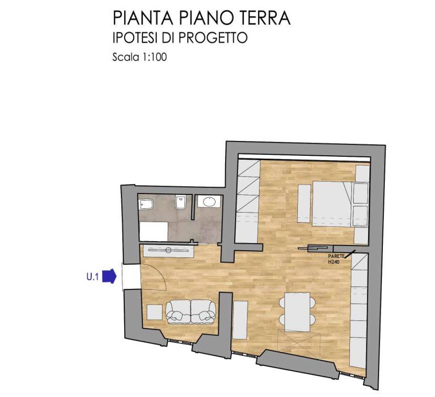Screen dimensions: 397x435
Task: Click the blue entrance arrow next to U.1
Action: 109,276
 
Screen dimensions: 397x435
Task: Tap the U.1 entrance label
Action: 92,276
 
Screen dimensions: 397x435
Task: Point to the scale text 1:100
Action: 152,57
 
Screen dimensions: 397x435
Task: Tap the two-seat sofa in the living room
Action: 191,311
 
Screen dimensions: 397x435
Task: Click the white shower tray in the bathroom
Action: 153,231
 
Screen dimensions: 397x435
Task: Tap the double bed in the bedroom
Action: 332,203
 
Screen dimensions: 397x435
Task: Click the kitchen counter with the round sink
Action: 167,250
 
